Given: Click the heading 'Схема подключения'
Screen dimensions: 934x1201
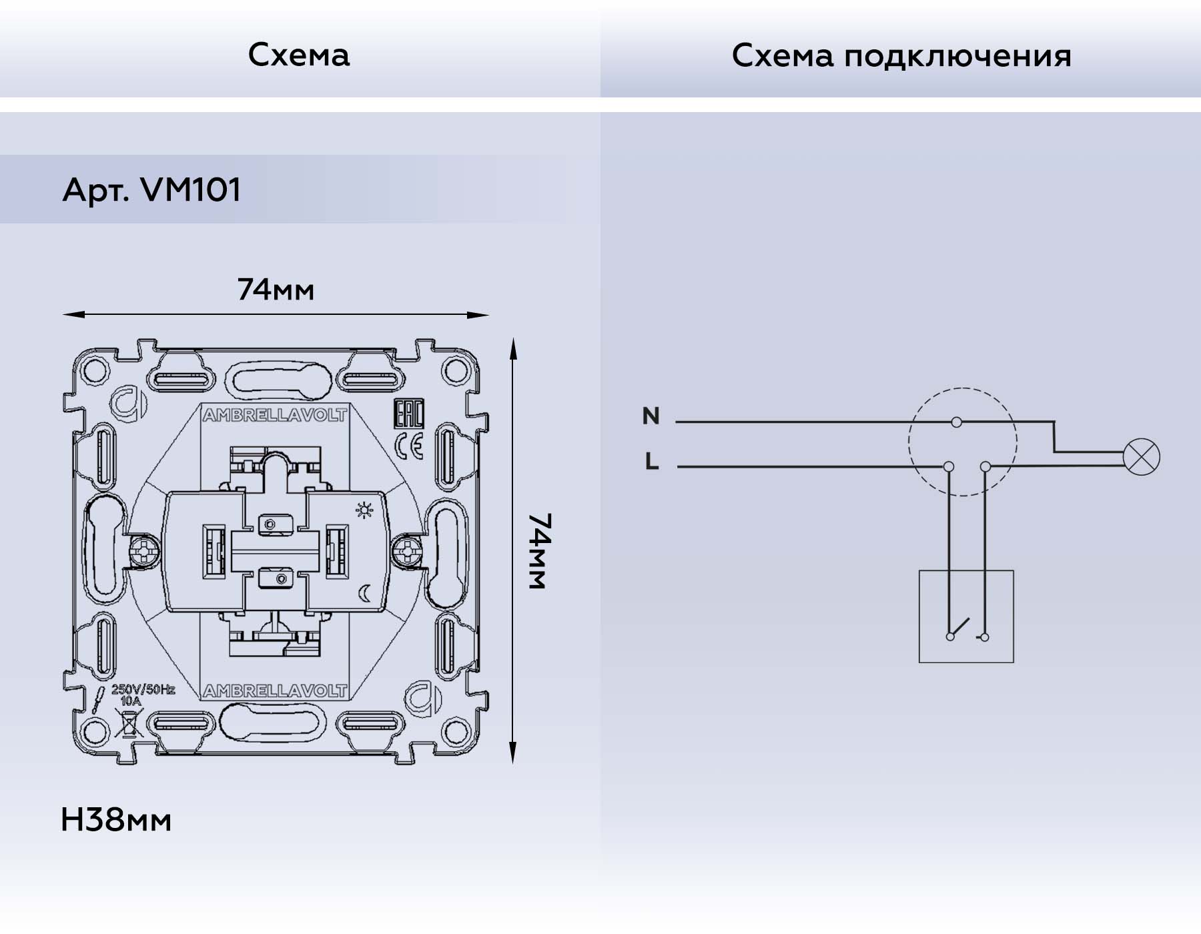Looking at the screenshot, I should [901, 56].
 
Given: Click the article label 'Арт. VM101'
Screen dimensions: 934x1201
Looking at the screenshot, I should [151, 190].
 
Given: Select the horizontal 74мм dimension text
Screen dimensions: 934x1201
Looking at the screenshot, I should [276, 290].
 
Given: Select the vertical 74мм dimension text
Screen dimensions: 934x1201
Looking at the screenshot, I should [538, 551].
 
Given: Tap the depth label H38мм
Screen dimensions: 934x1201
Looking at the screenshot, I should [116, 820].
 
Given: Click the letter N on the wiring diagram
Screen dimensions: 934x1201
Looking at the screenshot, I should [651, 416].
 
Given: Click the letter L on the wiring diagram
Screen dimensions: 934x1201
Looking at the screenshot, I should [652, 461].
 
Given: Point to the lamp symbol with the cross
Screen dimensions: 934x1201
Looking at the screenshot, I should [1142, 458].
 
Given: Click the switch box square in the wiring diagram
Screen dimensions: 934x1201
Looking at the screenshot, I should [965, 616].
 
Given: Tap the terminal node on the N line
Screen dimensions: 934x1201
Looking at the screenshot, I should [956, 422].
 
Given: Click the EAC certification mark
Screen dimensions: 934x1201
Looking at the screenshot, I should [409, 414].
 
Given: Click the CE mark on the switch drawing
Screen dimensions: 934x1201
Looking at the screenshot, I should [409, 446].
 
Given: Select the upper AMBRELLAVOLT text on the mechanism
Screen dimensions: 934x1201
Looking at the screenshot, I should [274, 416].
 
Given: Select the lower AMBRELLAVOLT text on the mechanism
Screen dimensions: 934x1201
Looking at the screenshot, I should [274, 691].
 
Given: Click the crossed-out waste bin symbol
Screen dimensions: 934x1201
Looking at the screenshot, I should [129, 723].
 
